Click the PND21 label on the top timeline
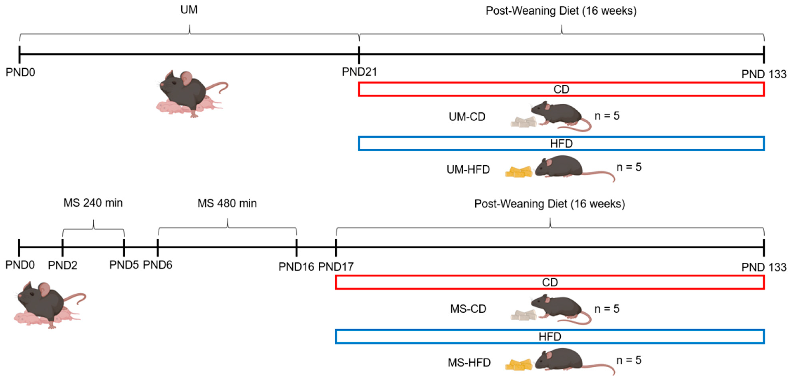359,72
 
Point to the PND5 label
124,265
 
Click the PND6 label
158,265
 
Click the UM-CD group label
467,117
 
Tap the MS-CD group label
468,309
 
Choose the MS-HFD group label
469,363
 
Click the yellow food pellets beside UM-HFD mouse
519,172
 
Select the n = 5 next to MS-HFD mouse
629,360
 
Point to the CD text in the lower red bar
550,282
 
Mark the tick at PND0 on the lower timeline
19,248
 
